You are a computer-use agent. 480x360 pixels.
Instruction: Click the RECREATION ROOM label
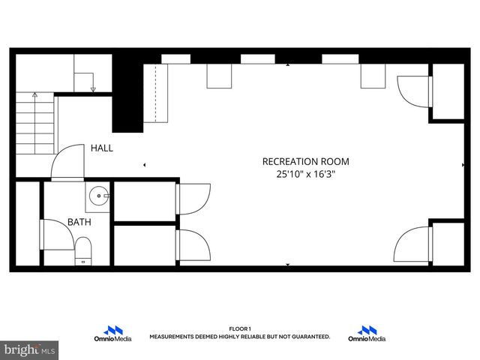pyautogui.click(x=305, y=161)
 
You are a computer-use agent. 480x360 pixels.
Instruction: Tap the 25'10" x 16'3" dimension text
pyautogui.click(x=305, y=175)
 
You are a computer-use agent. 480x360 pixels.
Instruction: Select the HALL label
pyautogui.click(x=102, y=148)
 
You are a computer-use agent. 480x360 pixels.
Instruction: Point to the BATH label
pyautogui.click(x=79, y=222)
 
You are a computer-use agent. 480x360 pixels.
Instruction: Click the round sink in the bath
pyautogui.click(x=98, y=197)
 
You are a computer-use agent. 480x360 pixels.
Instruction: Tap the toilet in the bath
pyautogui.click(x=82, y=249)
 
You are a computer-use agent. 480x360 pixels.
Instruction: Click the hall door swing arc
pyautogui.click(x=68, y=161)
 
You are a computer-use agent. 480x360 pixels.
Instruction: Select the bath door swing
pyautogui.click(x=56, y=234)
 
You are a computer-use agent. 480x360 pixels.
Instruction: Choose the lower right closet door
pyautogui.click(x=412, y=244)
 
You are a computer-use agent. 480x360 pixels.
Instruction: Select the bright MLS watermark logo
pyautogui.click(x=30, y=350)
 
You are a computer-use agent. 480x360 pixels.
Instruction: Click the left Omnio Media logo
pyautogui.click(x=112, y=334)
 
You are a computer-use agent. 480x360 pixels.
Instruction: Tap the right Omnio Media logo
pyautogui.click(x=367, y=334)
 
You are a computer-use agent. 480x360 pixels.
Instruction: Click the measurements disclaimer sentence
pyautogui.click(x=240, y=337)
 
